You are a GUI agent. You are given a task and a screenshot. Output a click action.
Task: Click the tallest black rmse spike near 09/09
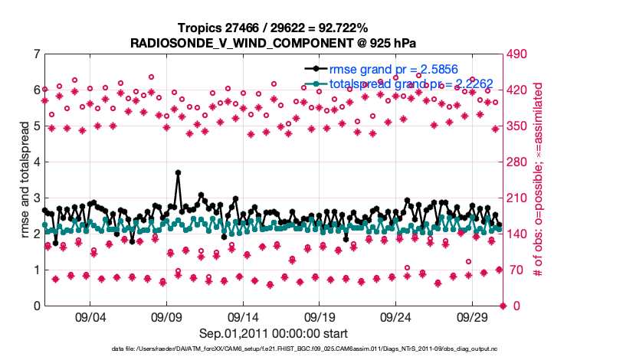pyautogui.click(x=178, y=173)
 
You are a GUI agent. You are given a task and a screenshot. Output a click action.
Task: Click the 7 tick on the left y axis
pyautogui.click(x=36, y=54)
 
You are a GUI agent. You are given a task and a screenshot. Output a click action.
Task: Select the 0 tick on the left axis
pyautogui.click(x=36, y=306)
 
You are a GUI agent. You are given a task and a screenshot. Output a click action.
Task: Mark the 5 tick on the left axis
pyautogui.click(x=36, y=126)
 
